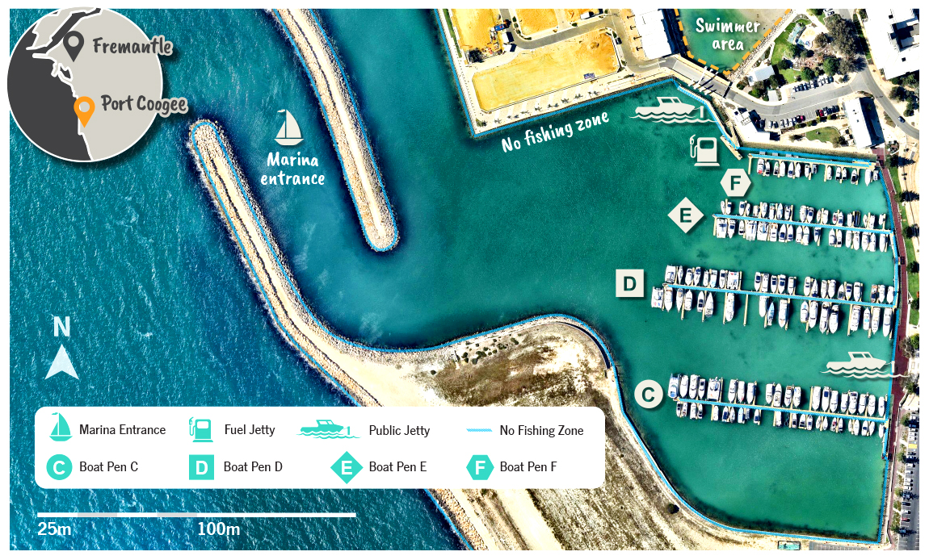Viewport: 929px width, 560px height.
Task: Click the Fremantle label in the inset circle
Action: click(132, 46)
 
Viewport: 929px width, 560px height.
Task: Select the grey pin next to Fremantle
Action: click(74, 47)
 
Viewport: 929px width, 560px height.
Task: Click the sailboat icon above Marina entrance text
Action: click(288, 128)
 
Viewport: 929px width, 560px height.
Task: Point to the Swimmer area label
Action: click(728, 34)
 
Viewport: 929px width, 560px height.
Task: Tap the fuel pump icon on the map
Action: click(704, 151)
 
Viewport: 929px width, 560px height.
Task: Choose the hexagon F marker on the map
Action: click(735, 183)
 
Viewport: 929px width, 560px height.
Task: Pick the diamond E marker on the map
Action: click(686, 215)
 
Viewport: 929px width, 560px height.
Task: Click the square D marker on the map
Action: click(630, 283)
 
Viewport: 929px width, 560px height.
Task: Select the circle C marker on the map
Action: click(648, 394)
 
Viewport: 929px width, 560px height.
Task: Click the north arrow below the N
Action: click(61, 362)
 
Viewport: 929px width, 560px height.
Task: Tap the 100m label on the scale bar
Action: click(218, 529)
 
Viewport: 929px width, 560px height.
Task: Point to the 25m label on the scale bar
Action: click(54, 529)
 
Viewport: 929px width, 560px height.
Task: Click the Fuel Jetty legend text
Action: click(250, 430)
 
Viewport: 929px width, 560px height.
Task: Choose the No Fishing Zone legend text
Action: click(540, 430)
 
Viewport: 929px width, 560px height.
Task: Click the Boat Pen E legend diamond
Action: click(347, 466)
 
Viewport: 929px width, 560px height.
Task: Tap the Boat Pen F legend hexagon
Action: click(480, 466)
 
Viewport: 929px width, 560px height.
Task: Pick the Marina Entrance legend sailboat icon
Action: click(60, 428)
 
